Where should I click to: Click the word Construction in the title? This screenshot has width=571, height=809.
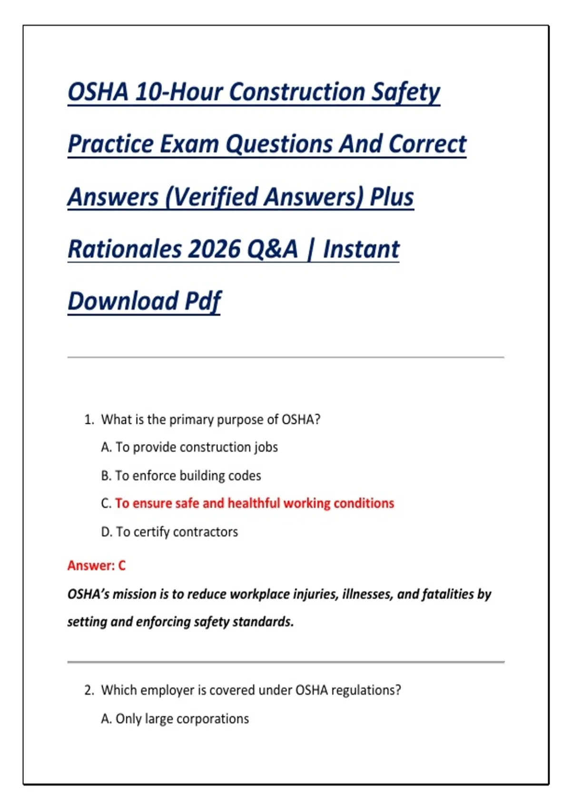(297, 92)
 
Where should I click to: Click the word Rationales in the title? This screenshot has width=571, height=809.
(125, 249)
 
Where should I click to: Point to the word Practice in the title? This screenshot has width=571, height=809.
(110, 144)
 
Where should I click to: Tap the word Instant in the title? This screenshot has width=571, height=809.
(361, 249)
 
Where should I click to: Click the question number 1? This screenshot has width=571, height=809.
(89, 420)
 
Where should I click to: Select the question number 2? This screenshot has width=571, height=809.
(89, 690)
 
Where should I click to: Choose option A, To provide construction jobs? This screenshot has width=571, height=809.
(189, 447)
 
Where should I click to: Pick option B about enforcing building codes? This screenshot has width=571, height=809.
(181, 476)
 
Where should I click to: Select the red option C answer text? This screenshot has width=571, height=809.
(254, 503)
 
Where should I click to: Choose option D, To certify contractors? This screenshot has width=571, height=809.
(169, 532)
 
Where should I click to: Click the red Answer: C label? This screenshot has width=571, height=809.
(97, 565)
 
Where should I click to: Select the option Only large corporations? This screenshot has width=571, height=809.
(182, 719)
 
